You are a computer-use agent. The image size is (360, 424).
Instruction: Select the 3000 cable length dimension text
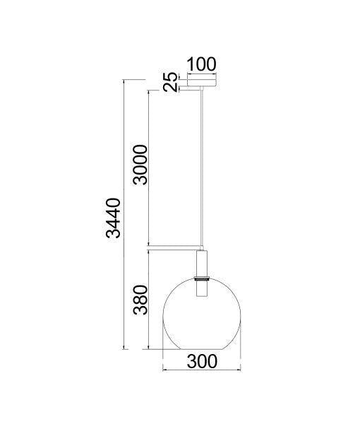140,165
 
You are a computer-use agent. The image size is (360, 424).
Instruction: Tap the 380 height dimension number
140,300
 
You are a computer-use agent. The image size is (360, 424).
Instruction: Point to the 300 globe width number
202,361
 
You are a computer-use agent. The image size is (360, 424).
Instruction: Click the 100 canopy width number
201,64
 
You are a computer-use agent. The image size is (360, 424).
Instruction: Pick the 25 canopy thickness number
170,82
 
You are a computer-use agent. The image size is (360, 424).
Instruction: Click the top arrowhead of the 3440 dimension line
125,82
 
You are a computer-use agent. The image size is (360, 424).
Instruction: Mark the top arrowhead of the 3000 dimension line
149,91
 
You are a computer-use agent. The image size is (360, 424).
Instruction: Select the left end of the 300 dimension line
163,371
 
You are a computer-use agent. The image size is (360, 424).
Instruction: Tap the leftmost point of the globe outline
163,314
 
